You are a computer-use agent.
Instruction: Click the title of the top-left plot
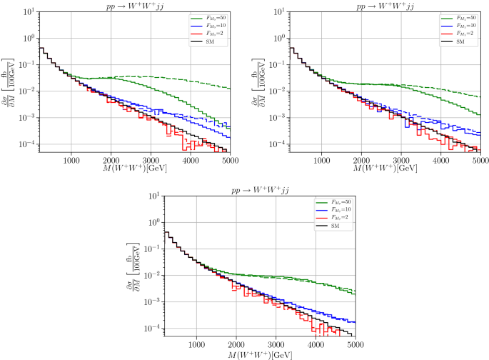click(136, 6)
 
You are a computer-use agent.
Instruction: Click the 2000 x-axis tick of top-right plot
click(362, 162)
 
